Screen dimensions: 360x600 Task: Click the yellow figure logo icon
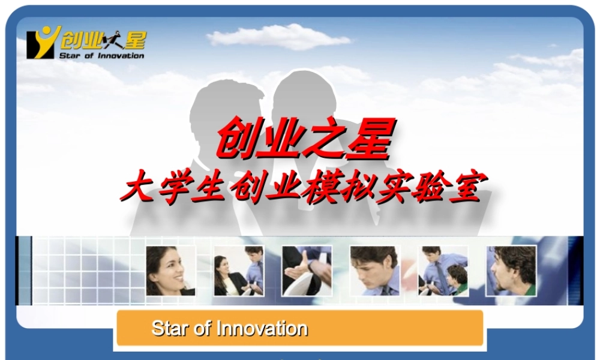tap(43, 42)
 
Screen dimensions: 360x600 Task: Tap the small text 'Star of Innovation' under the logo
tap(101, 56)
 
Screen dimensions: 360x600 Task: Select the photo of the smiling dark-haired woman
tap(170, 271)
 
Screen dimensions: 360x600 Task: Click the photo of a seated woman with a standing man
tap(239, 271)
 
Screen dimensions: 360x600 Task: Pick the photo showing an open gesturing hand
tap(307, 271)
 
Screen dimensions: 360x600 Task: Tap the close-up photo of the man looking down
tap(374, 271)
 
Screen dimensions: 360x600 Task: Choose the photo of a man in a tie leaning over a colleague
tap(443, 271)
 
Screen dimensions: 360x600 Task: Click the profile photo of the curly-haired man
tap(511, 271)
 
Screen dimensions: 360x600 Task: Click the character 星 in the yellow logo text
tap(133, 40)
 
